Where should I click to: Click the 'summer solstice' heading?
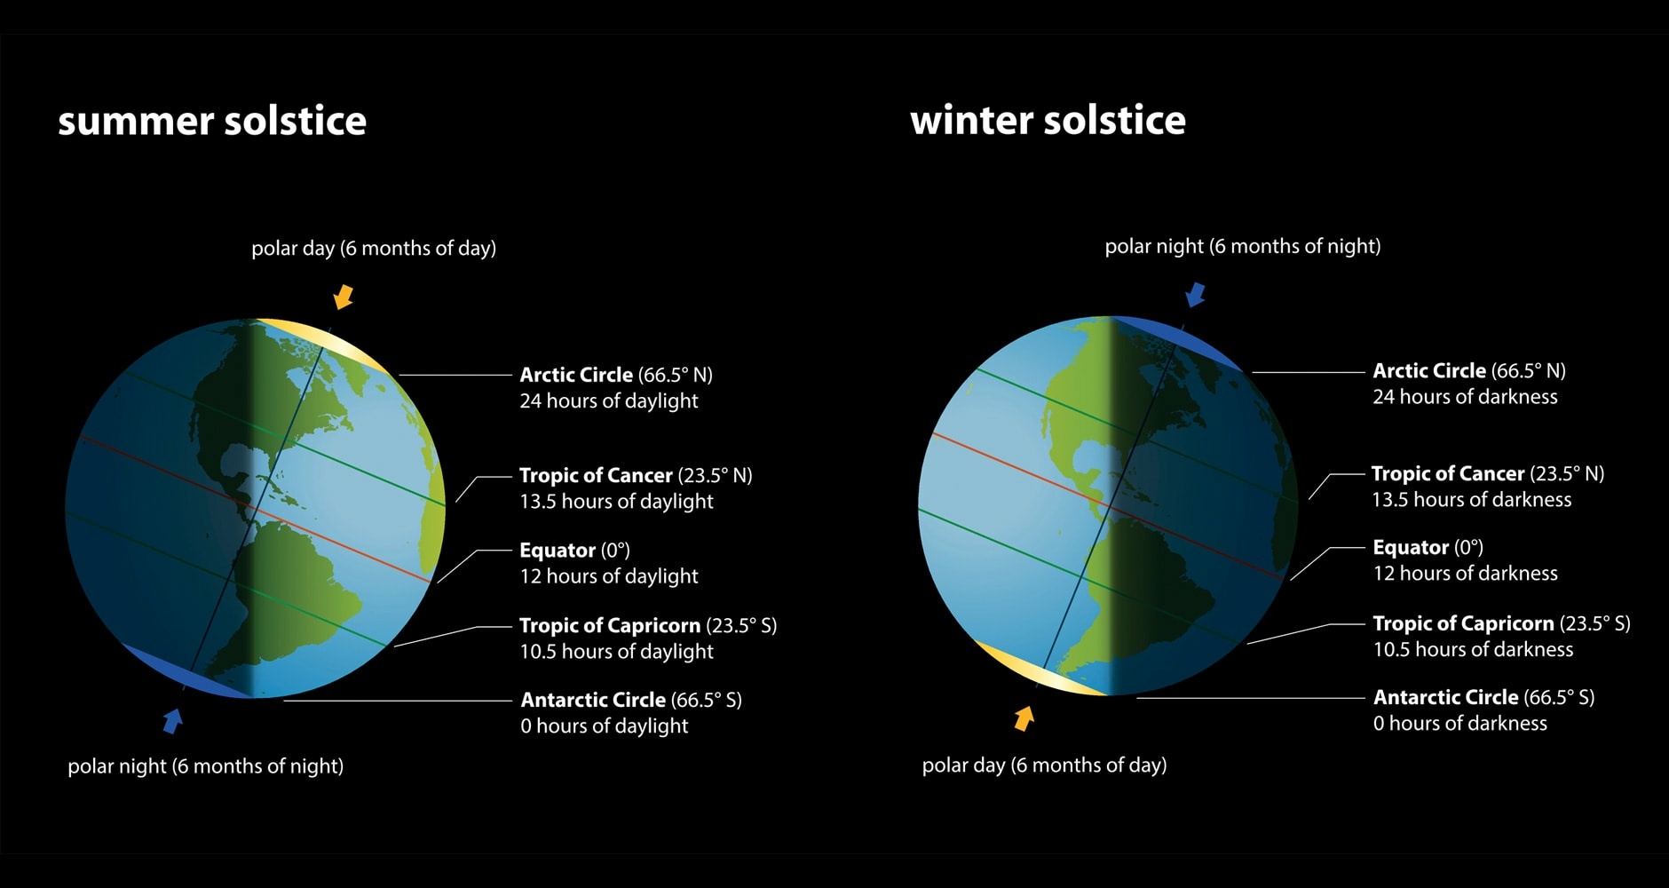tap(211, 121)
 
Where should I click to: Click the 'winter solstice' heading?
tap(1048, 120)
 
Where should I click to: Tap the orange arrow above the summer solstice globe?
tap(344, 297)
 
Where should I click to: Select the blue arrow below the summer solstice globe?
tap(172, 720)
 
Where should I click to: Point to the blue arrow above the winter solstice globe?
tap(1196, 294)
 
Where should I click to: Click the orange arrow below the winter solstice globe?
tap(1024, 718)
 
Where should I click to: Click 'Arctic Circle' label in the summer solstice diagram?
tap(576, 375)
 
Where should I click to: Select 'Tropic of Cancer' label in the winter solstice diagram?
tap(1447, 473)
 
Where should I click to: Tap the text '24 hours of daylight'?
tap(609, 401)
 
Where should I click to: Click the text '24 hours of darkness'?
tap(1465, 397)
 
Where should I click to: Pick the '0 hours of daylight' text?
tap(604, 726)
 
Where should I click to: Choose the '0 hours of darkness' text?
tap(1459, 724)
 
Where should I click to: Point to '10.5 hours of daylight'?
tap(616, 652)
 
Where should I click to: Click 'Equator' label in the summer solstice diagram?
tap(557, 551)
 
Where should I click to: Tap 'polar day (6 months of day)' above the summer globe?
tap(373, 248)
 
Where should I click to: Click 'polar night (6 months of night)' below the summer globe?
tap(205, 765)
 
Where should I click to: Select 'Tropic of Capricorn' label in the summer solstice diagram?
tap(609, 626)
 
